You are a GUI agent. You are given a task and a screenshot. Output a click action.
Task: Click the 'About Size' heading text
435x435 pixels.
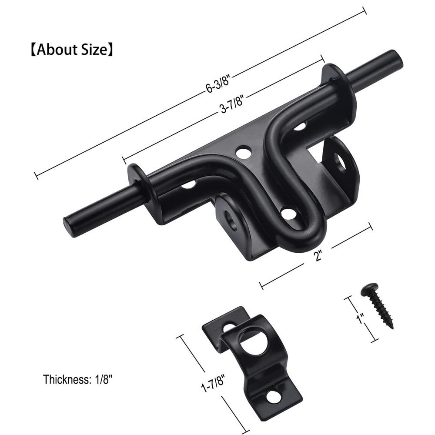pos(72,50)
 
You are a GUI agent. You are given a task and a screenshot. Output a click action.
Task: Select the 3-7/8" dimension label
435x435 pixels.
pos(232,104)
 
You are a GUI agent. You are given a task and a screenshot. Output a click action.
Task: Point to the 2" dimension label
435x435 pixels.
pos(318,254)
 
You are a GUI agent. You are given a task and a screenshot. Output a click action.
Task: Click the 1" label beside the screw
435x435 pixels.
pos(361,318)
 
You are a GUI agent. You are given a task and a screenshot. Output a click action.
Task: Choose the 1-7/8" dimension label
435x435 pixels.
pos(213,383)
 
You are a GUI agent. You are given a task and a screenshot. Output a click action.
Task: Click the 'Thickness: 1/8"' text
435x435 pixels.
pos(77,379)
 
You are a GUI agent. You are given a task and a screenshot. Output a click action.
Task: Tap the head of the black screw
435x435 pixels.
pos(368,289)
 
